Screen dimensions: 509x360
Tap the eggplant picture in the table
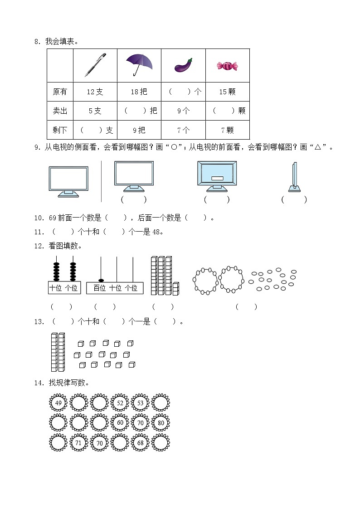point(183,66)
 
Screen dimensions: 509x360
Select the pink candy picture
point(227,66)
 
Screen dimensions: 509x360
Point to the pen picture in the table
point(95,65)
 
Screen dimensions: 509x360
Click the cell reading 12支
point(95,92)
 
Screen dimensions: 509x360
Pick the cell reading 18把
point(139,92)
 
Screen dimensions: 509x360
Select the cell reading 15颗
point(227,92)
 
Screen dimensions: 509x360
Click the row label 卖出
point(60,111)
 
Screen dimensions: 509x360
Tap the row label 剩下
point(60,131)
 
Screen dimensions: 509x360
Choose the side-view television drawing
point(294,177)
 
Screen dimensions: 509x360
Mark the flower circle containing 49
point(58,402)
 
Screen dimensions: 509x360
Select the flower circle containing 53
point(140,402)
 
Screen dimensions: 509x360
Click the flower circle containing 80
point(161,423)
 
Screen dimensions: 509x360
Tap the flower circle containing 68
point(140,443)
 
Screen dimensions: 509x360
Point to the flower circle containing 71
point(78,443)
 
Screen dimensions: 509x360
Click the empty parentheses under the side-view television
point(294,199)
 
